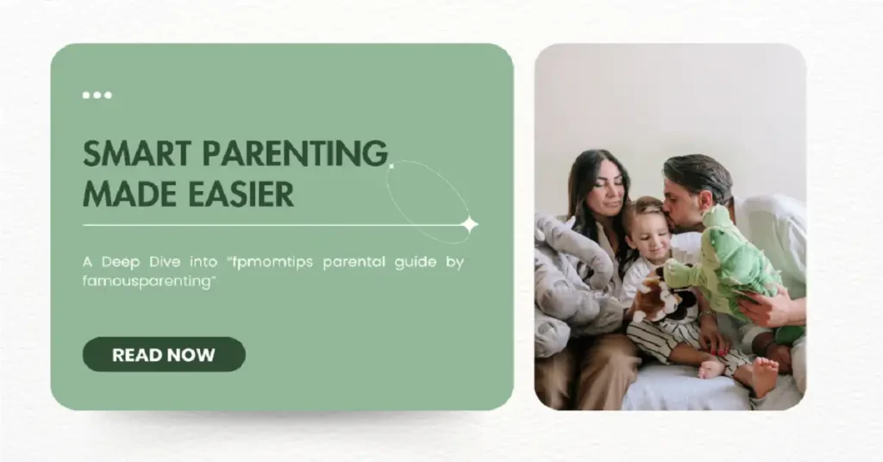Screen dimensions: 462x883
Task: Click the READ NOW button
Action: coord(164,354)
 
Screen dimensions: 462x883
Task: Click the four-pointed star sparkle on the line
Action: coord(469,225)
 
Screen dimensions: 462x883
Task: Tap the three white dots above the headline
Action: coord(97,95)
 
